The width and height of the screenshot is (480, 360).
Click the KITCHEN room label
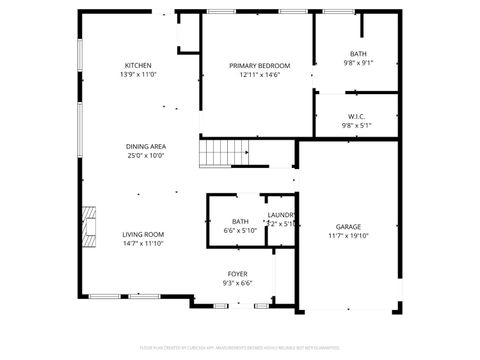pyautogui.click(x=138, y=65)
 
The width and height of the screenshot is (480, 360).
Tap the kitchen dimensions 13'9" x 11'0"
pyautogui.click(x=138, y=75)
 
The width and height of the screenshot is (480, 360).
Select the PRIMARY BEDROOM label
pyautogui.click(x=259, y=65)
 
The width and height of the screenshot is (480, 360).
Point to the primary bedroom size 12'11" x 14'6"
pyautogui.click(x=259, y=75)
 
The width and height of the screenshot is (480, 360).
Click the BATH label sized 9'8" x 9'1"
pyautogui.click(x=358, y=54)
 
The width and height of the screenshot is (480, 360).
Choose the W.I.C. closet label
pyautogui.click(x=357, y=116)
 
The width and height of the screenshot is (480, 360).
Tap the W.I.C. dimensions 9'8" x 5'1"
pyautogui.click(x=357, y=126)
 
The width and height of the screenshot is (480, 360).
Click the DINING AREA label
pyautogui.click(x=145, y=146)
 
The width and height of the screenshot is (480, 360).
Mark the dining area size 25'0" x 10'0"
pyautogui.click(x=145, y=156)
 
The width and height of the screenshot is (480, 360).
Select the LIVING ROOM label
pyautogui.click(x=143, y=234)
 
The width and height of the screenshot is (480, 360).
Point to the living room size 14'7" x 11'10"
pyautogui.click(x=143, y=244)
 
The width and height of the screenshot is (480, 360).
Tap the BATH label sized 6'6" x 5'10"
pyautogui.click(x=240, y=221)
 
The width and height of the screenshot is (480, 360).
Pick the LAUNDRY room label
pyautogui.click(x=281, y=214)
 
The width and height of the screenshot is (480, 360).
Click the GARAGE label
pyautogui.click(x=348, y=226)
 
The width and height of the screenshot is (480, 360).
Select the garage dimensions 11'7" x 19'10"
pyautogui.click(x=348, y=236)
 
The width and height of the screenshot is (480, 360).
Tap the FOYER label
pyautogui.click(x=237, y=273)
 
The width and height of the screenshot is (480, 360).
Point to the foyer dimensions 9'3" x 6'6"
pyautogui.click(x=237, y=283)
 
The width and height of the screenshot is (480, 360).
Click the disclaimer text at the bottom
pyautogui.click(x=240, y=347)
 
